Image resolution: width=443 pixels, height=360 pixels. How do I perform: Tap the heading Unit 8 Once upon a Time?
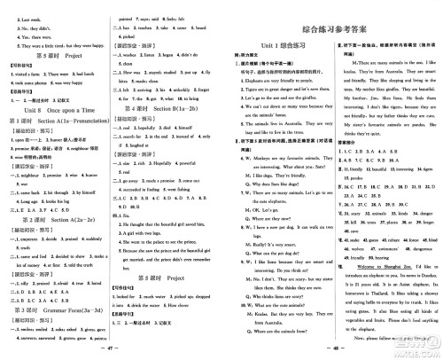(x=54, y=107)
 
